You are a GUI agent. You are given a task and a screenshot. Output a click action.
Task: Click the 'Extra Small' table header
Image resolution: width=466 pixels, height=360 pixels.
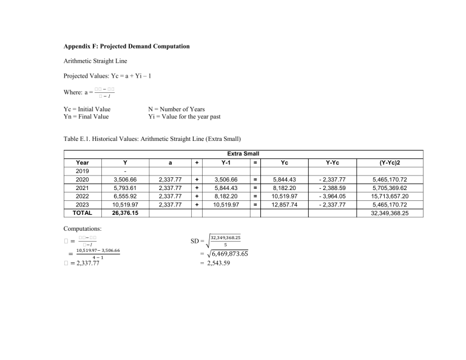tap(243, 155)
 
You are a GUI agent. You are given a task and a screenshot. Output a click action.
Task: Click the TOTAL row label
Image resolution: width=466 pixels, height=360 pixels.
tap(81, 213)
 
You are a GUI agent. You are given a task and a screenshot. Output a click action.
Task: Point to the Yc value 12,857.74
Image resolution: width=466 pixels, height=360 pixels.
tap(282, 205)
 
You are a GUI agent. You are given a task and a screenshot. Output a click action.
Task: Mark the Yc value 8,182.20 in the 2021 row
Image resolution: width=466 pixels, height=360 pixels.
tap(282, 188)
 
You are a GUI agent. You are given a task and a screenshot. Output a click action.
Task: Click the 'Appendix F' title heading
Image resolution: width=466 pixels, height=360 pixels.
tap(127, 46)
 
